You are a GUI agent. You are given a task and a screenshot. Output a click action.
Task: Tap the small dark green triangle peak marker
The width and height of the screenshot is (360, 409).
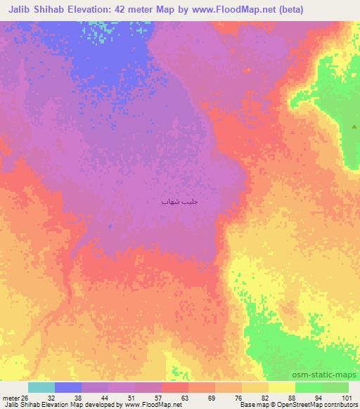(x=354, y=126)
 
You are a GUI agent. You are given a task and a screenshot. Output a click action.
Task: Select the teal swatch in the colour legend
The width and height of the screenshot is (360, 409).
(x=41, y=387)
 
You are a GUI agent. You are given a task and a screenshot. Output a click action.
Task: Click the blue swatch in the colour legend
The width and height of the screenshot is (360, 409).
(x=68, y=387)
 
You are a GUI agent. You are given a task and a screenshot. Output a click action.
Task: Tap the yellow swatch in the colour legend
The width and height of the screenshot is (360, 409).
(x=281, y=387)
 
